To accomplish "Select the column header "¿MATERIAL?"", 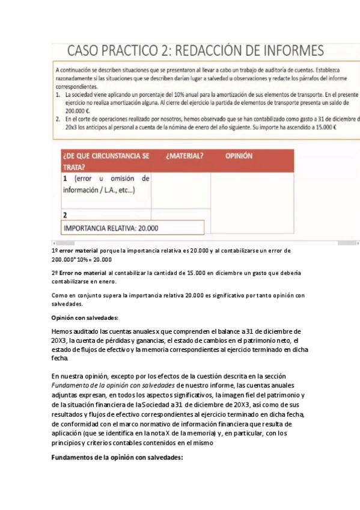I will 185,155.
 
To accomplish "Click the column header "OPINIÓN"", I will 239,155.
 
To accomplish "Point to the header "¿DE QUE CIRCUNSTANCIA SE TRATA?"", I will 106,161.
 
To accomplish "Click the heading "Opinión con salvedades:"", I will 85,318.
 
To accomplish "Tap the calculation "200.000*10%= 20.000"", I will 82,260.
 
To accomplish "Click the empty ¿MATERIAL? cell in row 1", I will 181,191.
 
